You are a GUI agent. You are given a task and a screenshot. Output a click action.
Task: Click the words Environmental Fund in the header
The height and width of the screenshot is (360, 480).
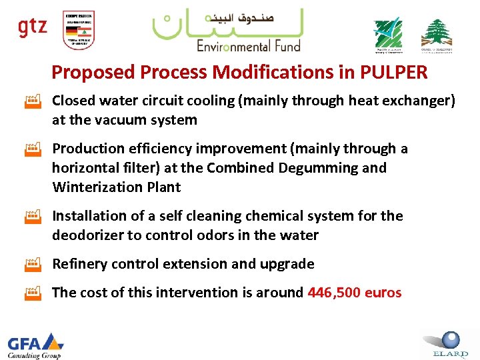(248, 45)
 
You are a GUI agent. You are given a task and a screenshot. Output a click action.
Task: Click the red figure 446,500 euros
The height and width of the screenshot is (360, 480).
(355, 292)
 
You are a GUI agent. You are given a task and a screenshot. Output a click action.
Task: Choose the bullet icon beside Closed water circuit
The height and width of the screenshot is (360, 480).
(33, 101)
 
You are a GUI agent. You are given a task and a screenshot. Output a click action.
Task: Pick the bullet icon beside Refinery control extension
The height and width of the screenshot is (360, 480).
(33, 264)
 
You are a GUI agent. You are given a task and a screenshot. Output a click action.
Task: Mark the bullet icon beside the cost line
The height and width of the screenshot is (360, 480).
(33, 292)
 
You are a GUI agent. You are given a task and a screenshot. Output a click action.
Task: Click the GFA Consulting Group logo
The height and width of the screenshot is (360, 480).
(35, 345)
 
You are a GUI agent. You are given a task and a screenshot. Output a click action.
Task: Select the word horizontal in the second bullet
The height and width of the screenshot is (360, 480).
(80, 167)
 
